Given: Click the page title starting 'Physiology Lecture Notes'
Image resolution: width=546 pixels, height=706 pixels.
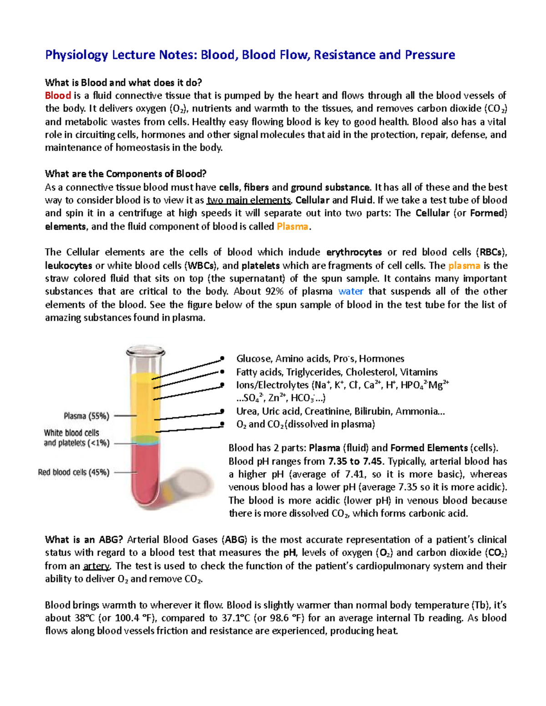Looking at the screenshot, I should pos(250,55).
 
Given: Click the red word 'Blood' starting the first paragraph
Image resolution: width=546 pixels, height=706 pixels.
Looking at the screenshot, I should pos(58,95).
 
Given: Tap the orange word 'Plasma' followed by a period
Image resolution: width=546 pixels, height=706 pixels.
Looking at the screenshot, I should pos(292,226).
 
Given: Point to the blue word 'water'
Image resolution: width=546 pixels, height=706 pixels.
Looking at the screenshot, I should pos(350,291).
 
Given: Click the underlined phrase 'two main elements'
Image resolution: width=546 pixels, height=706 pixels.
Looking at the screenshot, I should pos(248,200).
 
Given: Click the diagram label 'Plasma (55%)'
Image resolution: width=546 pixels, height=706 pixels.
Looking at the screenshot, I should pos(86,416).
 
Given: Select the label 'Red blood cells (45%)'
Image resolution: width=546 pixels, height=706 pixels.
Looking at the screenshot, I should pos(74,472).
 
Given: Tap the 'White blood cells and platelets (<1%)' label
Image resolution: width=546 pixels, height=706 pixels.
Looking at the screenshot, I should pos(76,438).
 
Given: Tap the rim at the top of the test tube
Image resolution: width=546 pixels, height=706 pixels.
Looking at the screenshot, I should pos(146,351).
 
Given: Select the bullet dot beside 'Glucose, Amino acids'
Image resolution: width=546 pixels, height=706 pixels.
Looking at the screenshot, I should pos(222,359).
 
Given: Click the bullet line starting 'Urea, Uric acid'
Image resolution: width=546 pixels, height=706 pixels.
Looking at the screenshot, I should pos(340,411).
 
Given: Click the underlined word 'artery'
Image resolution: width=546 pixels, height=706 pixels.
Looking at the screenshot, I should pos(96,566).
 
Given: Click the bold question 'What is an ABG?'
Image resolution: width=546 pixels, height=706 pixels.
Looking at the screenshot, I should pos(84,540).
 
